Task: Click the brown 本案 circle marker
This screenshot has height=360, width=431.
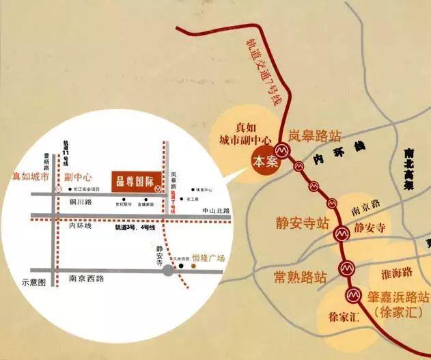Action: point(263,162)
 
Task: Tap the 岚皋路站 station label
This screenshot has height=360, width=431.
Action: point(314,135)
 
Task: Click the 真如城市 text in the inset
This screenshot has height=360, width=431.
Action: point(31,176)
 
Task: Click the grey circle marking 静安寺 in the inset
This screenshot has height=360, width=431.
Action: point(167,271)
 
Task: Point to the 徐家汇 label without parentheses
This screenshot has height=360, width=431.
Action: point(338,316)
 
